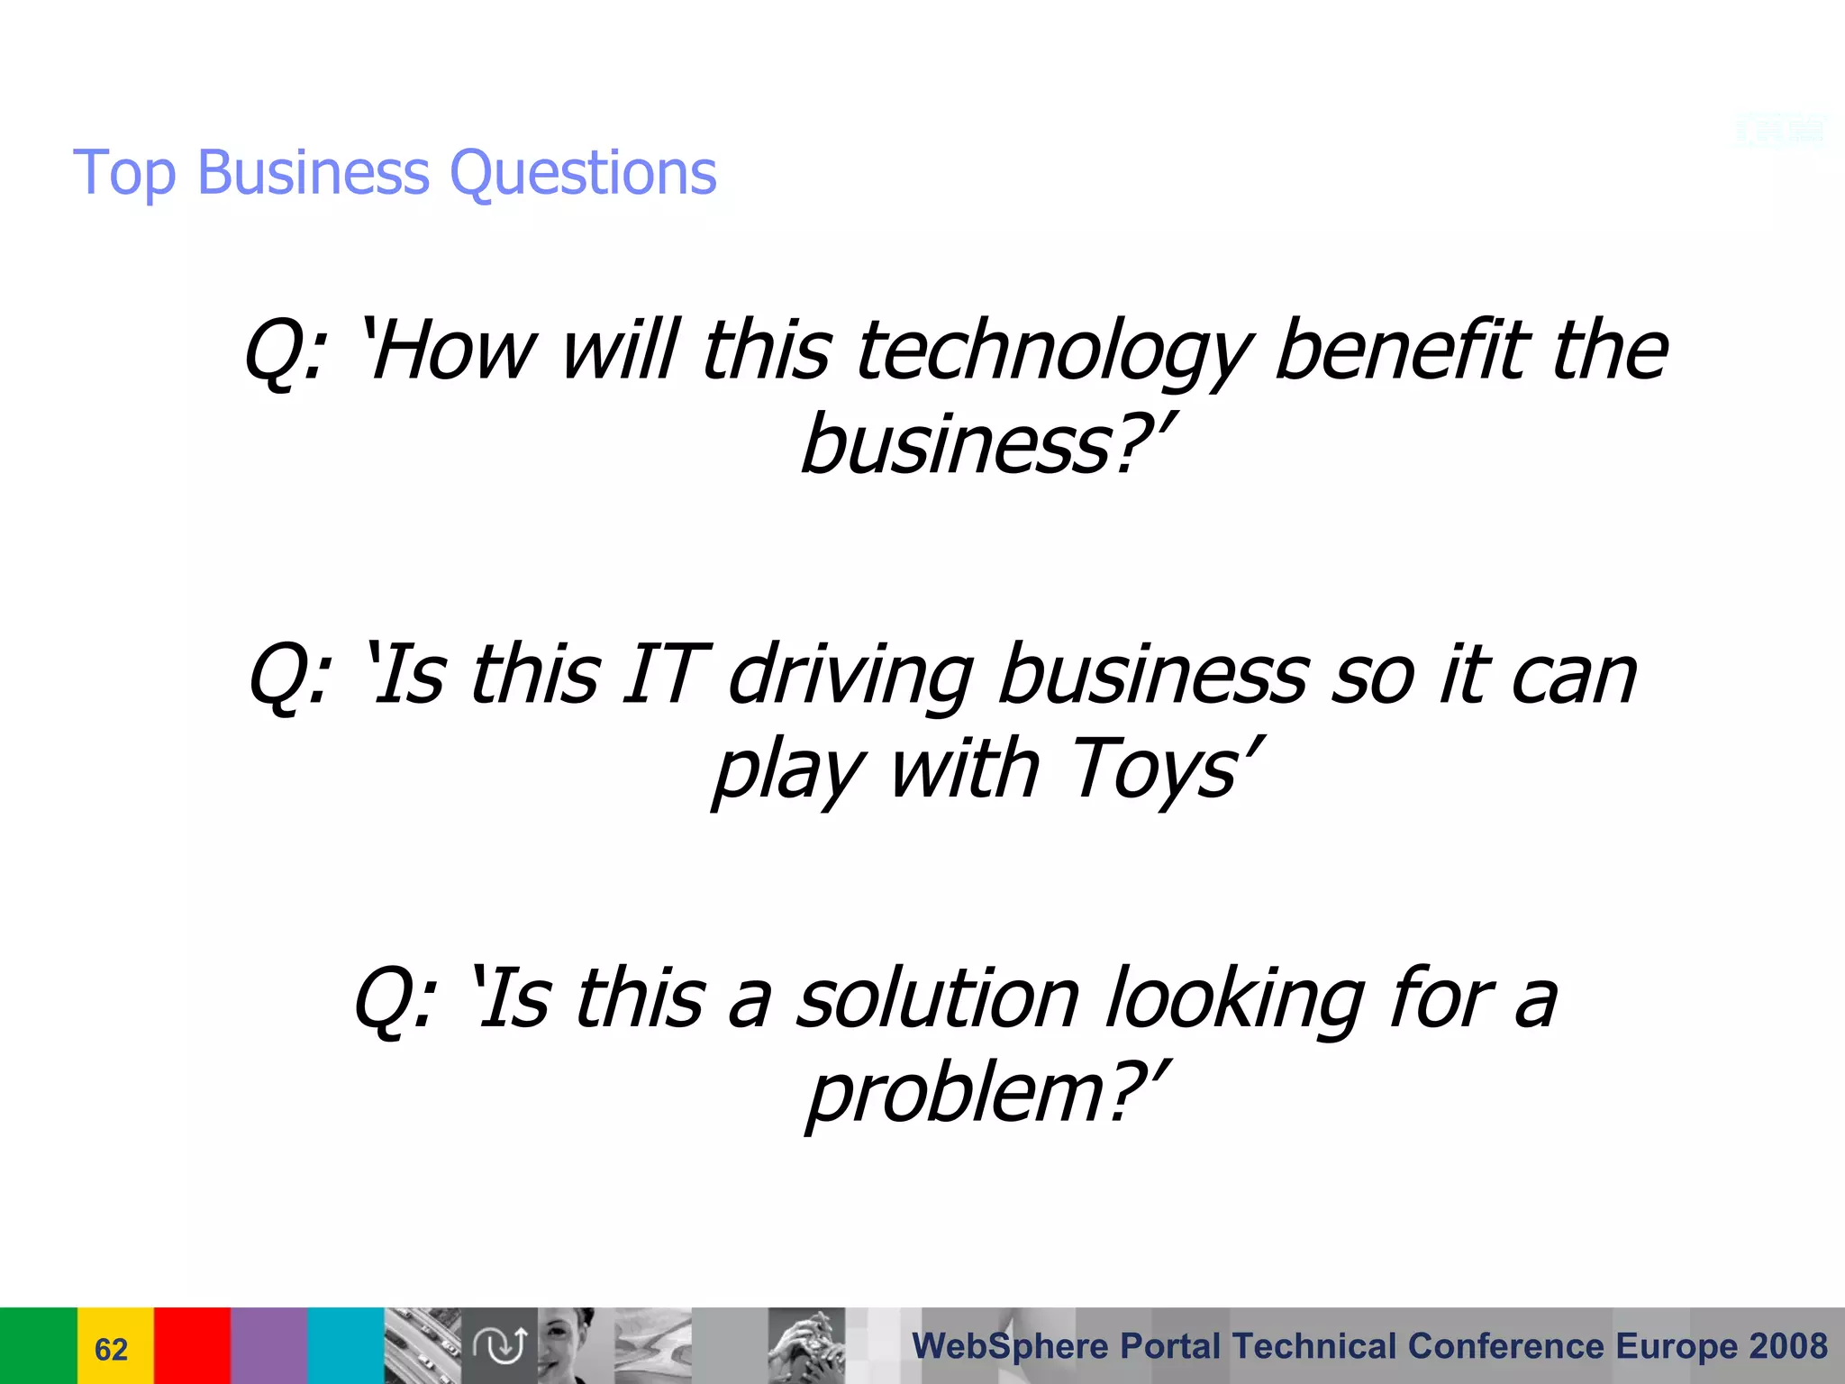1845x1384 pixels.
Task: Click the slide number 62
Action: [x=111, y=1349]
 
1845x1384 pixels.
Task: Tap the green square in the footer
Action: [x=38, y=1345]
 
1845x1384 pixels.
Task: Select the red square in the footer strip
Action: [x=192, y=1345]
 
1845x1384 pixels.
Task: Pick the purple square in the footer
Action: [x=268, y=1345]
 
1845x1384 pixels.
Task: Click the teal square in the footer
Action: [x=346, y=1345]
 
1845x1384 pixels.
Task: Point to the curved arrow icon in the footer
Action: [x=500, y=1345]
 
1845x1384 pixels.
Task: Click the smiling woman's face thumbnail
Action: [x=568, y=1345]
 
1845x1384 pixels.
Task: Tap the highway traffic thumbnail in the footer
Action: [x=423, y=1345]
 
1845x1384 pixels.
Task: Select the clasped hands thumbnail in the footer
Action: [x=806, y=1345]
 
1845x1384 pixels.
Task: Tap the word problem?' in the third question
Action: [x=987, y=1094]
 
